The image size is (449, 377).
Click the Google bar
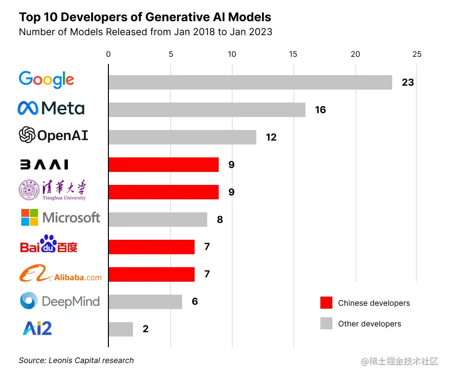(x=250, y=82)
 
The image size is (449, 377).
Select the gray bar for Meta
(x=207, y=110)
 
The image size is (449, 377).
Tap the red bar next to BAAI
(x=163, y=165)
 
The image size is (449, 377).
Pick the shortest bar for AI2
(x=120, y=329)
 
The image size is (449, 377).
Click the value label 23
(x=408, y=82)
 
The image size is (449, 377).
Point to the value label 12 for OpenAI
(x=271, y=137)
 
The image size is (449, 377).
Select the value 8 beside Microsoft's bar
(x=220, y=220)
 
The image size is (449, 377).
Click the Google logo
(x=46, y=80)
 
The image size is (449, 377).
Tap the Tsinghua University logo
(x=53, y=190)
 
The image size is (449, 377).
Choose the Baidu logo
(x=49, y=245)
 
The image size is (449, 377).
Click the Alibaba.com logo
(x=60, y=274)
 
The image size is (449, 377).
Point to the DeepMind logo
(x=60, y=301)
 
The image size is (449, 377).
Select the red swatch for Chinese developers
(x=326, y=303)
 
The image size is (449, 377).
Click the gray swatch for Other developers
(x=326, y=324)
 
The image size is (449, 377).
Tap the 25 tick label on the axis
(x=417, y=54)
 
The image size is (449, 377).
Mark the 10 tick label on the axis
(x=232, y=54)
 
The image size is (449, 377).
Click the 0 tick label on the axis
(x=108, y=54)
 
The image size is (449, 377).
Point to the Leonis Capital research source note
(x=76, y=360)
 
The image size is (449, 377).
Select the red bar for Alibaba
(x=151, y=274)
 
